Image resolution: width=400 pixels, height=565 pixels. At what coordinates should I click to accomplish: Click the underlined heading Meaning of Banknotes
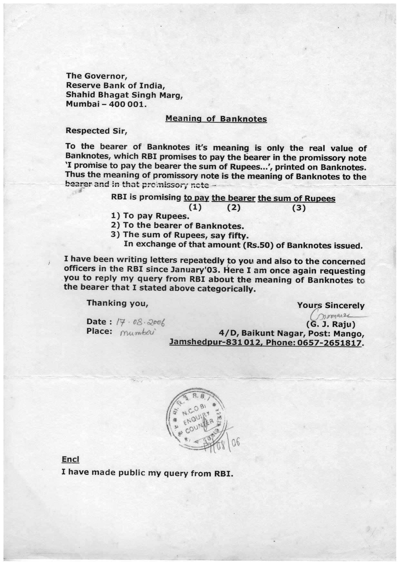(216, 119)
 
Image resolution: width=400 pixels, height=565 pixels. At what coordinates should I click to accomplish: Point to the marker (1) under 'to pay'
(195, 207)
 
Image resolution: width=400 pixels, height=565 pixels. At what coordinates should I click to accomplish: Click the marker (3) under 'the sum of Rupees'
(298, 208)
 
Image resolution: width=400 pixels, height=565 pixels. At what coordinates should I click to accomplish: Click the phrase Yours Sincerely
(331, 305)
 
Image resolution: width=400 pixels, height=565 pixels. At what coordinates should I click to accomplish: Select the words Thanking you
(117, 303)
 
